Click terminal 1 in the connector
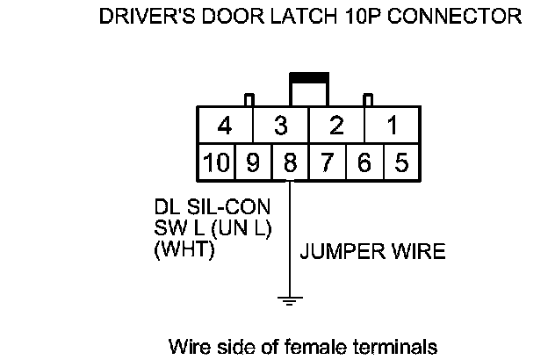pyautogui.click(x=392, y=126)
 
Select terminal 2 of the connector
pyautogui.click(x=335, y=126)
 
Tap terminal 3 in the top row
pyautogui.click(x=280, y=126)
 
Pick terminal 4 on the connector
pyautogui.click(x=225, y=126)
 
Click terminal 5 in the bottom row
pyautogui.click(x=401, y=162)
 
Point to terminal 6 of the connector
pyautogui.click(x=364, y=162)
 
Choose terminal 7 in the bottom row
pyautogui.click(x=327, y=162)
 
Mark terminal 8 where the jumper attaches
pyautogui.click(x=289, y=162)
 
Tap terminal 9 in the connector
pyautogui.click(x=252, y=162)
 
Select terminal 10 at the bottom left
pyautogui.click(x=215, y=162)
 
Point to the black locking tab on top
pyautogui.click(x=308, y=78)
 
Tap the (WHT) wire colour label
pyautogui.click(x=184, y=249)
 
